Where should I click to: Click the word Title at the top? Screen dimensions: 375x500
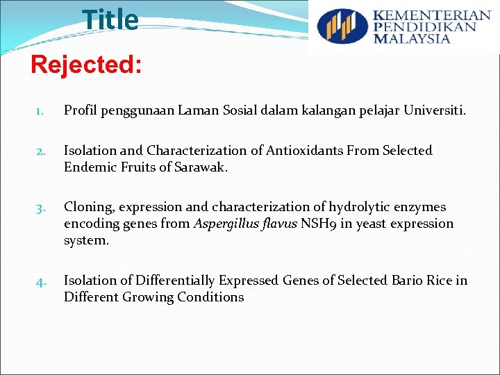(110, 20)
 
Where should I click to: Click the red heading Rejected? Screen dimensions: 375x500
(87, 65)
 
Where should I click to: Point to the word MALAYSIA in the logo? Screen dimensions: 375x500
(412, 38)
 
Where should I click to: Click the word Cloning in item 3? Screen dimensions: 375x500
(88, 207)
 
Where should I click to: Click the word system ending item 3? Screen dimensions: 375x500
(85, 240)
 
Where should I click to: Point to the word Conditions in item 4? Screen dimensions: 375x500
(209, 297)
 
